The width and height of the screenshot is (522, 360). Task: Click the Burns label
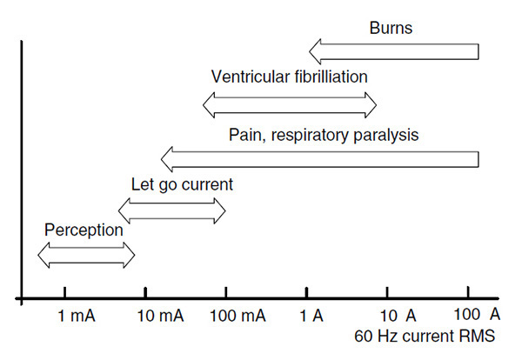pyautogui.click(x=391, y=28)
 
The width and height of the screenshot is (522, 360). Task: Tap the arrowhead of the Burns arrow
pyautogui.click(x=315, y=51)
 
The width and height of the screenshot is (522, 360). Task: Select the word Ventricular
pyautogui.click(x=251, y=77)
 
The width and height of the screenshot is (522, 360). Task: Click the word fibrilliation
pyautogui.click(x=331, y=77)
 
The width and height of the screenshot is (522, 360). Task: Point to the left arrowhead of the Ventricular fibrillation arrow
pyautogui.click(x=209, y=105)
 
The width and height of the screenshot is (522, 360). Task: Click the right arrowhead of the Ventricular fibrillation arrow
pyautogui.click(x=371, y=105)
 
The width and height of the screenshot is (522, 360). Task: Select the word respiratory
pyautogui.click(x=311, y=135)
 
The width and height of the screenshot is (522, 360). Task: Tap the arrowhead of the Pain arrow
pyautogui.click(x=167, y=159)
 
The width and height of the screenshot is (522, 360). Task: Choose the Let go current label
pyautogui.click(x=182, y=184)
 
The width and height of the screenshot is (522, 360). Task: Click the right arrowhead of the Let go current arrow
pyautogui.click(x=220, y=210)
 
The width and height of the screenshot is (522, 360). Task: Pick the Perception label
pyautogui.click(x=84, y=230)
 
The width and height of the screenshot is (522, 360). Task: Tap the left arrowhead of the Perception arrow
pyautogui.click(x=43, y=255)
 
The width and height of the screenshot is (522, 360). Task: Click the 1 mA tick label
pyautogui.click(x=77, y=316)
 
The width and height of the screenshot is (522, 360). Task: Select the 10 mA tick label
pyautogui.click(x=160, y=316)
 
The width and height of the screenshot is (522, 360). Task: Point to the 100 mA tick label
pyautogui.click(x=238, y=316)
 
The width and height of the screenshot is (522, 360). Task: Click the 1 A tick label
pyautogui.click(x=311, y=316)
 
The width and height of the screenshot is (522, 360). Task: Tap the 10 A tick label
pyautogui.click(x=398, y=316)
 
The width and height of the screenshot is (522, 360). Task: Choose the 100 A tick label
pyautogui.click(x=477, y=314)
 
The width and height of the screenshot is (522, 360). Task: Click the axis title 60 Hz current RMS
pyautogui.click(x=425, y=336)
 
